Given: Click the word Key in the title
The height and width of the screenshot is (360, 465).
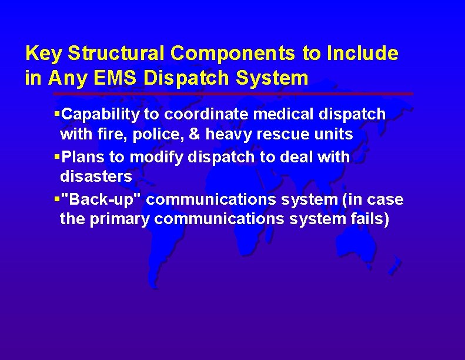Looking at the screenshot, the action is click(44, 54).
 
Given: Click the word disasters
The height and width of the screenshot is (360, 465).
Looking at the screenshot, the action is click(96, 176).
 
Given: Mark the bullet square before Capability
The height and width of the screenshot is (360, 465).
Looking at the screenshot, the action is click(57, 114).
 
